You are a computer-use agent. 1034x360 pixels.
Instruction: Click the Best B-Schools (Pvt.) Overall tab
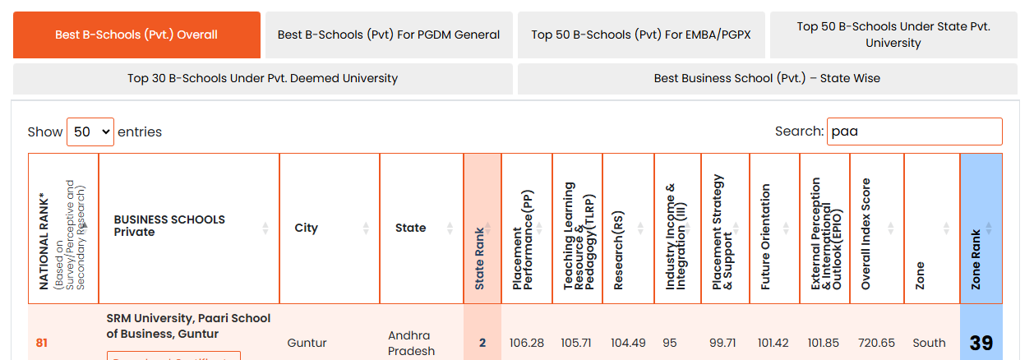tap(136, 35)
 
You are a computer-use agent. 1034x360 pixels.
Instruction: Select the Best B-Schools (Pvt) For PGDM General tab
tap(388, 35)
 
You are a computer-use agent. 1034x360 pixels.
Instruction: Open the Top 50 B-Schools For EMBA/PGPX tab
tap(641, 35)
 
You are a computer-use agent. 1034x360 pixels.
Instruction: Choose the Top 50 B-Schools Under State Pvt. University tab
tap(893, 35)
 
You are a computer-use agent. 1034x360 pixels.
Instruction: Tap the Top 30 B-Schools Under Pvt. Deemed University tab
tap(262, 79)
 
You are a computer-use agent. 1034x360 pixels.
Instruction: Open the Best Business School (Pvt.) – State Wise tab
tap(767, 79)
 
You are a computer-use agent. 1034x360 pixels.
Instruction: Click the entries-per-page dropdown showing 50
tap(90, 132)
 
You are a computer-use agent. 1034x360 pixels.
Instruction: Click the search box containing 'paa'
tap(914, 132)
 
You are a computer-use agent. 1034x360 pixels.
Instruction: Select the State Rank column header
tap(482, 228)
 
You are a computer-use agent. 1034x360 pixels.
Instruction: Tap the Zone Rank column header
tap(981, 228)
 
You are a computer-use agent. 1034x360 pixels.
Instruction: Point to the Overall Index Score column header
tap(875, 228)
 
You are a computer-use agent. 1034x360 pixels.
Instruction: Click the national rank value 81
tap(41, 343)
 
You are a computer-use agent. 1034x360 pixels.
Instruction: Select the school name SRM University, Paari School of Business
tap(188, 325)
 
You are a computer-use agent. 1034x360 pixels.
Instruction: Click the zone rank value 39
tap(981, 343)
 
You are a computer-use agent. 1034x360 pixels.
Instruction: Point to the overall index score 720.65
tap(876, 343)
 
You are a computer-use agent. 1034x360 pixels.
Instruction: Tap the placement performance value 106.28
tap(526, 343)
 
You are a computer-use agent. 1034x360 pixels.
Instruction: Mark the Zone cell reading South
tap(929, 343)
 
